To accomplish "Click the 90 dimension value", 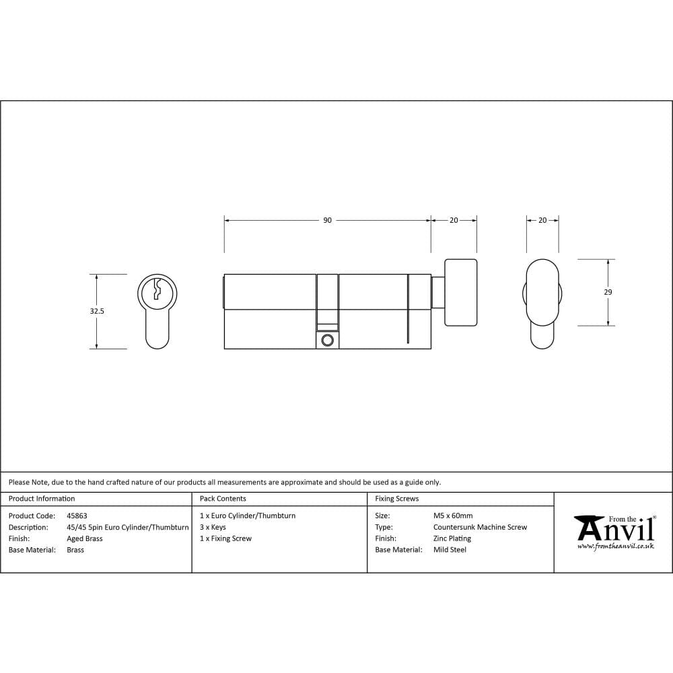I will point(327,221).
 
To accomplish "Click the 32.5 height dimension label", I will point(97,312).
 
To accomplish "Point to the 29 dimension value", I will point(608,292).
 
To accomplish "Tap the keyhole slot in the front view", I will point(157,289).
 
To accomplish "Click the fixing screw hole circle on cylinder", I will point(328,341).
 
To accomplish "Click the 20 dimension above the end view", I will point(542,221).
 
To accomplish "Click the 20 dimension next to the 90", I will point(454,221).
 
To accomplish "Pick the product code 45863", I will point(77,516).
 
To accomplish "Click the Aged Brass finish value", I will point(85,539).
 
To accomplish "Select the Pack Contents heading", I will point(223,499).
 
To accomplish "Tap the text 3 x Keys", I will point(213,528).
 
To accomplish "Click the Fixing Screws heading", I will point(397,499).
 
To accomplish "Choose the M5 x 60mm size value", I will point(453,516).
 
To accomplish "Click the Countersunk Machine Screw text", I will point(480,528).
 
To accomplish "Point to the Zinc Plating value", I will point(452,539).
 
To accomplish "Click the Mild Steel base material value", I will point(450,550).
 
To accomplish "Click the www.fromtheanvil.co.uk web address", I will point(615,547).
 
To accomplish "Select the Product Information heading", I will point(42,499).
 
